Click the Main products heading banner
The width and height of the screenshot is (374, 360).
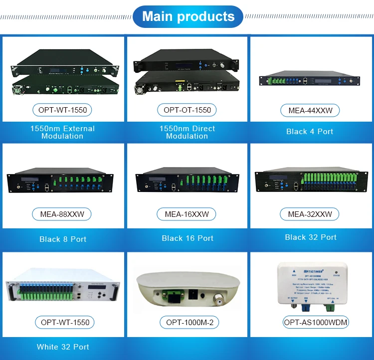coord(188,16)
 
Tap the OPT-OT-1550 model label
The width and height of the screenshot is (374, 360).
coord(187,110)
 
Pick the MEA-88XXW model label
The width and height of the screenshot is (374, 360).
coord(62,214)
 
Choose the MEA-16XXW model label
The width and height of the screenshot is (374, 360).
coord(187,214)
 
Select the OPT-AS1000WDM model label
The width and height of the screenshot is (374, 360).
coord(316,323)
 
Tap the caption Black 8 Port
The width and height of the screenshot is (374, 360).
coord(63,239)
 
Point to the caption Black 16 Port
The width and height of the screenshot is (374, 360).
coord(187,238)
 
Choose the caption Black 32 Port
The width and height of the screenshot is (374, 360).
coord(311,237)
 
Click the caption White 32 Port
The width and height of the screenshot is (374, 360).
coord(63,347)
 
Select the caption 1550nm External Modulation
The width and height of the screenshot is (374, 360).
coord(62,132)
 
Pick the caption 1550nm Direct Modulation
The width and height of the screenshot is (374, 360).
coord(187,132)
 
